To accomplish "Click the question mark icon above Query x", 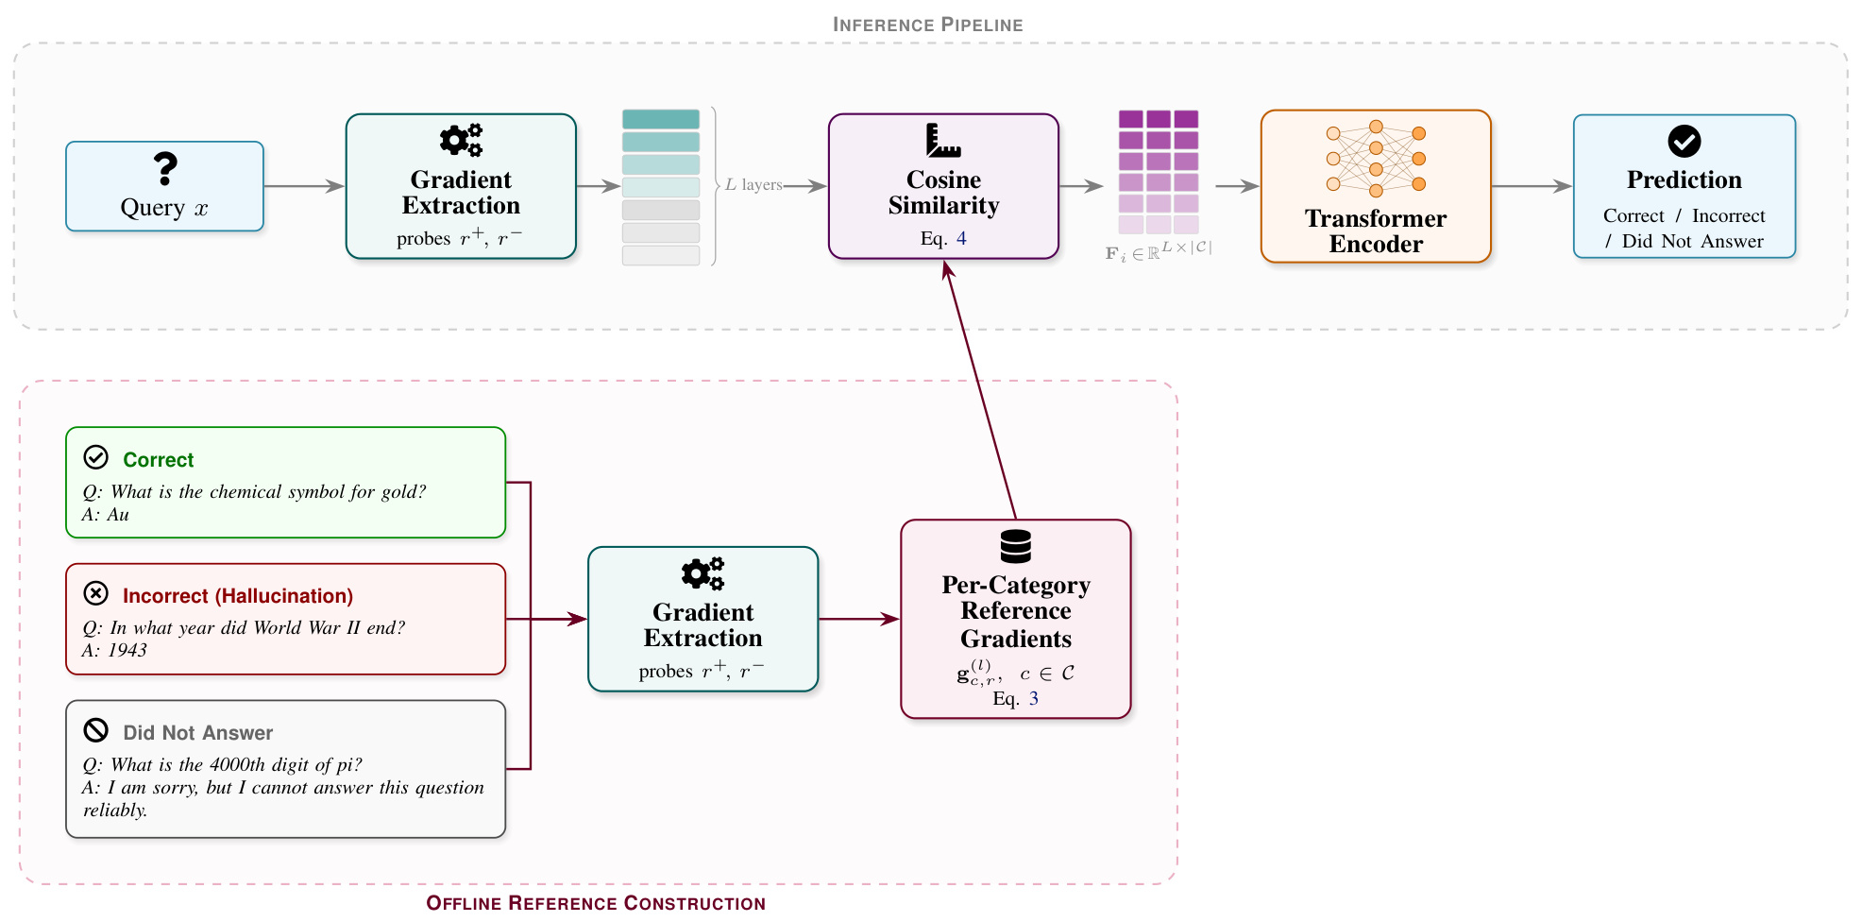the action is click(x=165, y=169).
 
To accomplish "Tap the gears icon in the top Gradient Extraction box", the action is click(x=461, y=140).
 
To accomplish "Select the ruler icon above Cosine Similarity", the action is click(x=943, y=140).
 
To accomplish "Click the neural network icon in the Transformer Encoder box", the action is click(x=1376, y=159).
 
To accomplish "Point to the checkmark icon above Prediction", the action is click(x=1684, y=142).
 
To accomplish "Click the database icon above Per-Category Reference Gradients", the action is click(x=1016, y=546).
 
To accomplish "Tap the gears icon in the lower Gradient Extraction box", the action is click(x=702, y=573).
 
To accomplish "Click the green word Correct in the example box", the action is click(x=159, y=460).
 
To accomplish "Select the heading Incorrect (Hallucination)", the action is click(x=238, y=596).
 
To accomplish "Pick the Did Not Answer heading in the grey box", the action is click(x=198, y=733).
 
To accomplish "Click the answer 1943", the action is click(x=127, y=651).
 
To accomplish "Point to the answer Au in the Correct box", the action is click(x=118, y=515).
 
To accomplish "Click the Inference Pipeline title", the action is click(x=928, y=25).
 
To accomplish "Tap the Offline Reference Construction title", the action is click(x=596, y=903).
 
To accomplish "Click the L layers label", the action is click(x=753, y=185).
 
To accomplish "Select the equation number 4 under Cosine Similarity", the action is click(x=961, y=238).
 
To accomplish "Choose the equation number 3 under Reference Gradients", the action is click(x=1034, y=698).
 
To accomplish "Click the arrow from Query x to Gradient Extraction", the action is click(x=304, y=186).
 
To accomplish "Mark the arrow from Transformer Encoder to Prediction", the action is click(x=1532, y=186).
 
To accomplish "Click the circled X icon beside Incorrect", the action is click(x=96, y=593).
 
